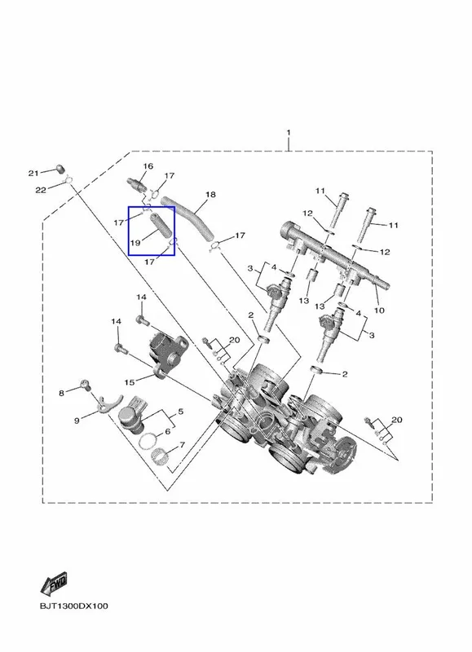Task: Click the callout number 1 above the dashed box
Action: point(289,133)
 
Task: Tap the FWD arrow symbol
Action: point(53,583)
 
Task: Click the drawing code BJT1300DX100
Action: point(73,606)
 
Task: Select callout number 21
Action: point(33,173)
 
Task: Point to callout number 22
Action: point(40,190)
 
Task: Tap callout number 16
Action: point(148,166)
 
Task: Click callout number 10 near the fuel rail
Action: point(379,310)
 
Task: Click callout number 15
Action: point(130,382)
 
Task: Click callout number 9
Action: point(77,421)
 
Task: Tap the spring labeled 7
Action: point(160,458)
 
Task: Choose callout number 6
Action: point(168,432)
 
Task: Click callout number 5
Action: point(180,412)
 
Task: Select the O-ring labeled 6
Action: point(148,441)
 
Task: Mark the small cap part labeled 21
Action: point(61,169)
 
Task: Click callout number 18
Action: point(211,194)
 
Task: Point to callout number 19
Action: point(135,243)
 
